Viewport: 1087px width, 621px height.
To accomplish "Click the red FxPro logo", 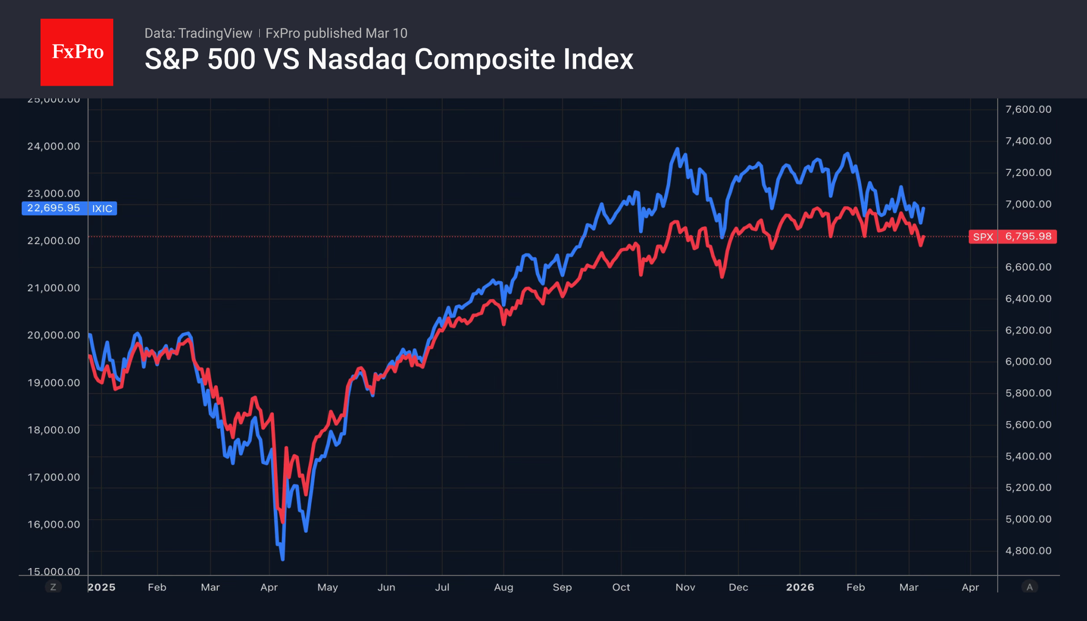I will point(77,52).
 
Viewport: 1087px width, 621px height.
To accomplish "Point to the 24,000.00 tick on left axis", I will point(54,146).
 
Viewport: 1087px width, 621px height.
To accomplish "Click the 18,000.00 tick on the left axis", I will point(54,430).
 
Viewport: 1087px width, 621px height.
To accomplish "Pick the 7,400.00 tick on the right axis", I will point(1028,141).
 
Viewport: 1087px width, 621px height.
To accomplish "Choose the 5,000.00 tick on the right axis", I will point(1028,519).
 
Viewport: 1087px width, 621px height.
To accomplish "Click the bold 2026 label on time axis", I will point(800,587).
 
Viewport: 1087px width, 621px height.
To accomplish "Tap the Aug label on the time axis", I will point(503,587).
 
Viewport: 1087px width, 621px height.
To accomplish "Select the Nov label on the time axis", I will point(685,587).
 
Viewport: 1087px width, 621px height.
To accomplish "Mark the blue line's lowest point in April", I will point(283,559).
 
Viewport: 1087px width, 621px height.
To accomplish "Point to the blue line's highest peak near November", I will point(677,149).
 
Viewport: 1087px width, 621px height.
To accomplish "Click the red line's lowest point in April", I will point(282,521).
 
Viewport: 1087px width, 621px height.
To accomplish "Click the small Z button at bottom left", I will point(53,587).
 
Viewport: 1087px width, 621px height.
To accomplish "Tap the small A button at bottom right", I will point(1029,587).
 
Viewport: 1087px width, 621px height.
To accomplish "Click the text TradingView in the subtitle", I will point(215,33).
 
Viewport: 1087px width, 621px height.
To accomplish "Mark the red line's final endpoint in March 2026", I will point(924,237).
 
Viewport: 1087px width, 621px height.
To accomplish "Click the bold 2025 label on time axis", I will point(102,587).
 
